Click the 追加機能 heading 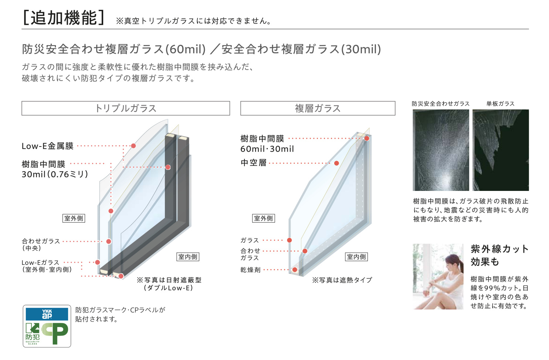click(64, 18)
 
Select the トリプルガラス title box click(126, 108)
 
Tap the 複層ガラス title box click(318, 108)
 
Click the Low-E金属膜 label click(48, 146)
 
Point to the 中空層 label click(253, 162)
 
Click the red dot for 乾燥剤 click(295, 270)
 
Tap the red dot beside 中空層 click(336, 163)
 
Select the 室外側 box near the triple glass click(74, 218)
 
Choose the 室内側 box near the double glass click(356, 257)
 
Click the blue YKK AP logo click(47, 314)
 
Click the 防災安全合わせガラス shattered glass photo click(441, 150)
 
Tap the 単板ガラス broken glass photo click(501, 150)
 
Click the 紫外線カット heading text click(499, 249)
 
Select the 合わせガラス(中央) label click(41, 245)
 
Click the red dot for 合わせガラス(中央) click(109, 242)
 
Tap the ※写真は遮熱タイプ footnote click(342, 280)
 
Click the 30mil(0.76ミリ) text click(55, 174)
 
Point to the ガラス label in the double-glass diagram click(250, 240)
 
